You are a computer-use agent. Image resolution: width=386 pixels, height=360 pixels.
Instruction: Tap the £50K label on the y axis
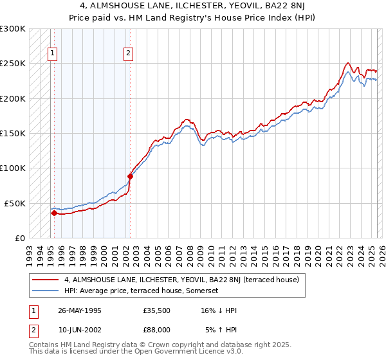point(15,203)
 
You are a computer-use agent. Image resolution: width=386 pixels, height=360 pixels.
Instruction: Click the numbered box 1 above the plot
point(52,54)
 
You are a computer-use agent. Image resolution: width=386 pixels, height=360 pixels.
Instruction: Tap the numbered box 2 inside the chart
point(129,54)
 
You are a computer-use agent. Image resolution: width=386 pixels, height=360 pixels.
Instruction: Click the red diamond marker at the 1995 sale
point(54,213)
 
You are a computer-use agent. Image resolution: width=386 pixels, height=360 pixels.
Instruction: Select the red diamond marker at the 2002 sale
point(130,176)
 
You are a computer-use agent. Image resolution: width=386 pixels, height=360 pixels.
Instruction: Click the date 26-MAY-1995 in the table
point(80,310)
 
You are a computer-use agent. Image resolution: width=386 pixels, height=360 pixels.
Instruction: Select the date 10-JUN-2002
point(80,330)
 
